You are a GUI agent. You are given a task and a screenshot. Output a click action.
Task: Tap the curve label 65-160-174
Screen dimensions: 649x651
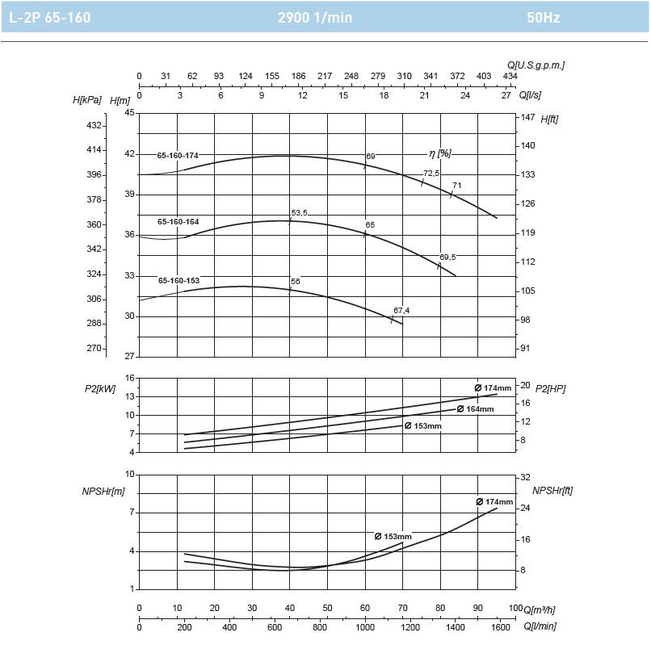[x=178, y=155]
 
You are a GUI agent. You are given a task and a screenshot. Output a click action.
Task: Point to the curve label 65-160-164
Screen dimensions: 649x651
[x=178, y=221]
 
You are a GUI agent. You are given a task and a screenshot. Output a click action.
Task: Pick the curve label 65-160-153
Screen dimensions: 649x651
[x=178, y=281]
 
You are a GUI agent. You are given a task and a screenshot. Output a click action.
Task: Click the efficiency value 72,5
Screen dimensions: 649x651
[x=431, y=174]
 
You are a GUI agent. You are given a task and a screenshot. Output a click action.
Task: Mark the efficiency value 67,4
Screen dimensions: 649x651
[x=401, y=310]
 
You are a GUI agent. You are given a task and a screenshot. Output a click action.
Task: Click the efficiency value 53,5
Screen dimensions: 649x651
[x=300, y=213]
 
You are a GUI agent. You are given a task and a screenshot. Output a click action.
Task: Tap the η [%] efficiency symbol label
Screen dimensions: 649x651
[x=439, y=153]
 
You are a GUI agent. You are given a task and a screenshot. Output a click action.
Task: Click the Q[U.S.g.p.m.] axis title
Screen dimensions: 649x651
[x=536, y=65]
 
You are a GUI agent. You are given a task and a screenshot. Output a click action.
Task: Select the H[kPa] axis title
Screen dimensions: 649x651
[x=87, y=100]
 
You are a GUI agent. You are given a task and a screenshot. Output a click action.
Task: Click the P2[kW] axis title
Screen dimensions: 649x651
[x=100, y=388]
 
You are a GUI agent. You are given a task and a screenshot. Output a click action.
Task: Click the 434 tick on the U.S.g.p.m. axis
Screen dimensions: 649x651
[x=510, y=76]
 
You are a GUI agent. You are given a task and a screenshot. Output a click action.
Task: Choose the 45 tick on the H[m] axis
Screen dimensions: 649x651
[x=129, y=113]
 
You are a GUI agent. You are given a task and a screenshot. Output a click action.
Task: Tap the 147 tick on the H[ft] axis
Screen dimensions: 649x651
[x=527, y=117]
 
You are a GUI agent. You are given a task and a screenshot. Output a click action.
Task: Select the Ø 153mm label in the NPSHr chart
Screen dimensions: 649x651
[x=393, y=537]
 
